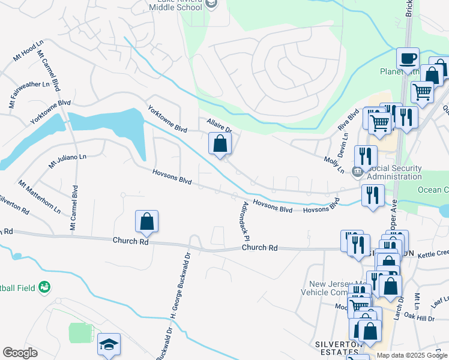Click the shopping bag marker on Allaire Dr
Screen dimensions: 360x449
[x=220, y=144]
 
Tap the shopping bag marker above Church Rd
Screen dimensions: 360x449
[x=147, y=222]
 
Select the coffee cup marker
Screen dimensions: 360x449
[x=408, y=59]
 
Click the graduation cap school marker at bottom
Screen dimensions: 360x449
[x=109, y=345]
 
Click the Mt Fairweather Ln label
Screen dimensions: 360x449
[x=29, y=89]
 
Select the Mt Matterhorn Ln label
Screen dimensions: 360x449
[x=39, y=196]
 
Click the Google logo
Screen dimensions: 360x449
[x=20, y=353]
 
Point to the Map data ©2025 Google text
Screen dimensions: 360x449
[x=411, y=355]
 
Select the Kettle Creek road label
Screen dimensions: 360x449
[x=433, y=253]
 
